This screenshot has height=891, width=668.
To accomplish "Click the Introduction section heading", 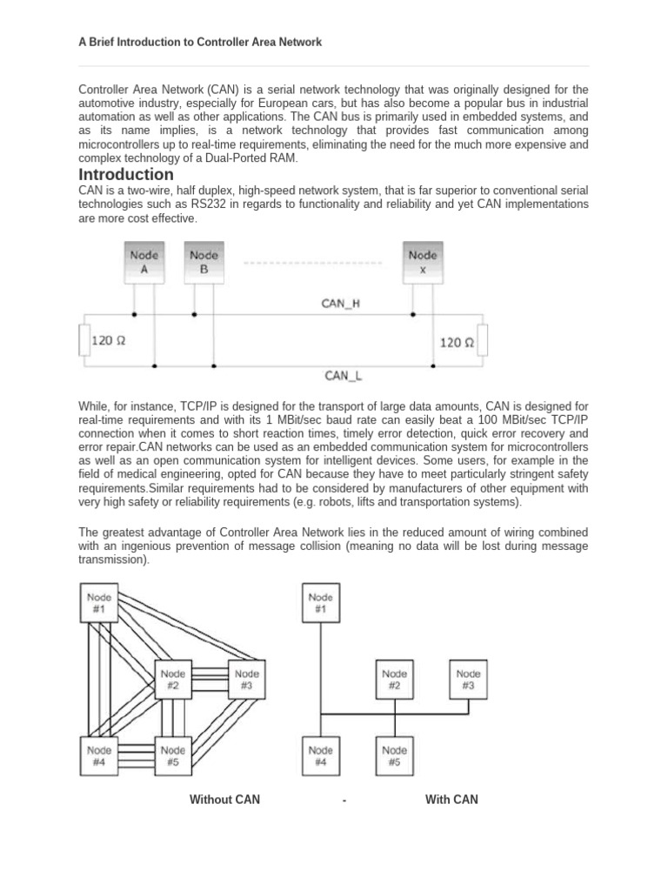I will pyautogui.click(x=126, y=175).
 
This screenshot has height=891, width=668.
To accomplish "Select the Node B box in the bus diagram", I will pyautogui.click(x=204, y=262).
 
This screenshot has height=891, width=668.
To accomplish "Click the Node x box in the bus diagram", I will pyautogui.click(x=424, y=262).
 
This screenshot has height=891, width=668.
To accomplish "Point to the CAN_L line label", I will pyautogui.click(x=343, y=376).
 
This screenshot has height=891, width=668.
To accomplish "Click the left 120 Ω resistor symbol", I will pyautogui.click(x=84, y=341).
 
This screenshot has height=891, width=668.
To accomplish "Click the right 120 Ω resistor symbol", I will pyautogui.click(x=484, y=341).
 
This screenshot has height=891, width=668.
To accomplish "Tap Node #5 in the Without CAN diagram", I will pyautogui.click(x=173, y=755).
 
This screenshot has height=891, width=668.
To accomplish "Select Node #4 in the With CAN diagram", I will pyautogui.click(x=321, y=755).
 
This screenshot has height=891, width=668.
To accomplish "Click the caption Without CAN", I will pyautogui.click(x=224, y=800).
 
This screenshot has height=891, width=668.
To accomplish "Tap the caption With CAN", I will pyautogui.click(x=451, y=800).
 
